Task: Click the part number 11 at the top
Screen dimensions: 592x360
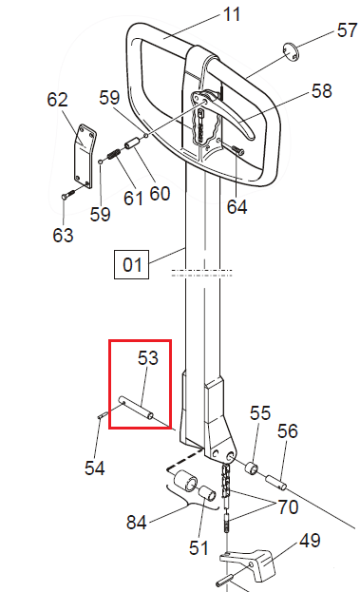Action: click(x=232, y=14)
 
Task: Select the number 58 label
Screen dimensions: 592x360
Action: click(x=322, y=91)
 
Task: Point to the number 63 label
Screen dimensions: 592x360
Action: click(x=63, y=234)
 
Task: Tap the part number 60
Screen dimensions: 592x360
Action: click(x=160, y=194)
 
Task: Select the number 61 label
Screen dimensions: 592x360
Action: click(x=132, y=198)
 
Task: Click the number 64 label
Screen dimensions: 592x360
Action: click(x=237, y=205)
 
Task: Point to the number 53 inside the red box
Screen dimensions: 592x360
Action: click(x=148, y=358)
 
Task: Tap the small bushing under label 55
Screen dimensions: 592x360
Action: click(x=253, y=469)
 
